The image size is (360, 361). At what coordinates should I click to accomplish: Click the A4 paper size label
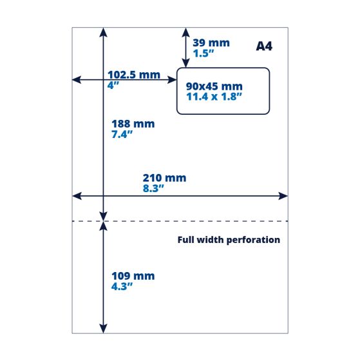click(x=264, y=46)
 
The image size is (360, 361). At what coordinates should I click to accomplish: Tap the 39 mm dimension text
click(x=211, y=43)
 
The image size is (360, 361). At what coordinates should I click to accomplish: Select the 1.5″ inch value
click(x=204, y=54)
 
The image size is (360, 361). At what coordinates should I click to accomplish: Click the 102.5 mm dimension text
click(x=134, y=75)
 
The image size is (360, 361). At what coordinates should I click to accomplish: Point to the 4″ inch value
click(x=113, y=85)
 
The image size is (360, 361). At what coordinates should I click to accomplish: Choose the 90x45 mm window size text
click(x=214, y=86)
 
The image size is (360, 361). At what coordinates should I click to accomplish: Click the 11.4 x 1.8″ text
click(x=214, y=97)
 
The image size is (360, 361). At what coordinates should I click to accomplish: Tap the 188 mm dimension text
click(x=133, y=124)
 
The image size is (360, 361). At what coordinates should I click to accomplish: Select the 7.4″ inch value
click(x=122, y=134)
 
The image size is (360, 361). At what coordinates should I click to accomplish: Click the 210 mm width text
click(x=164, y=178)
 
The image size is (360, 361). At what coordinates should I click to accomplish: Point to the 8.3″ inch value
click(x=153, y=188)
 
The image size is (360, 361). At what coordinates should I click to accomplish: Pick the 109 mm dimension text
click(x=133, y=276)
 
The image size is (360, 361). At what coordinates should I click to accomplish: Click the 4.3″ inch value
click(x=122, y=286)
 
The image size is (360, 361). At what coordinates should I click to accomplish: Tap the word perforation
click(x=253, y=240)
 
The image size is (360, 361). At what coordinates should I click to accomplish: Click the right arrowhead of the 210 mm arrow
click(x=283, y=196)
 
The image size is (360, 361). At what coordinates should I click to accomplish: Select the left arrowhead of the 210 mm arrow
click(x=77, y=196)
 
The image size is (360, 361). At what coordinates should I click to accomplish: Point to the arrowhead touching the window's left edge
click(x=172, y=80)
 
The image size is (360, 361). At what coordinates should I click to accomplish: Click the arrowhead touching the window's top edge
click(x=185, y=63)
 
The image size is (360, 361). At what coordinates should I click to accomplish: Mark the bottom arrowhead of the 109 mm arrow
click(x=103, y=329)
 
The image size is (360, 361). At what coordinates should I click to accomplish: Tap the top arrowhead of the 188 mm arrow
click(x=103, y=32)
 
